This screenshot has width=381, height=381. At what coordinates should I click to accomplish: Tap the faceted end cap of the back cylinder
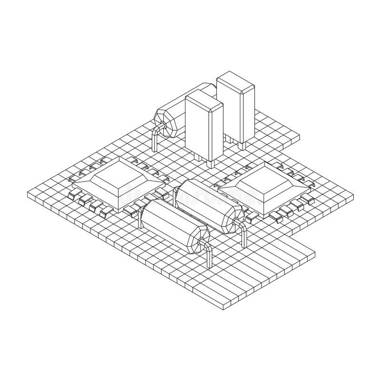pos(167,122)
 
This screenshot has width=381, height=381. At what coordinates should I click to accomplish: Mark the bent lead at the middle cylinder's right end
pos(244,236)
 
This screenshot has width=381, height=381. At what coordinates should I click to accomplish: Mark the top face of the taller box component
pos(237,79)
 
